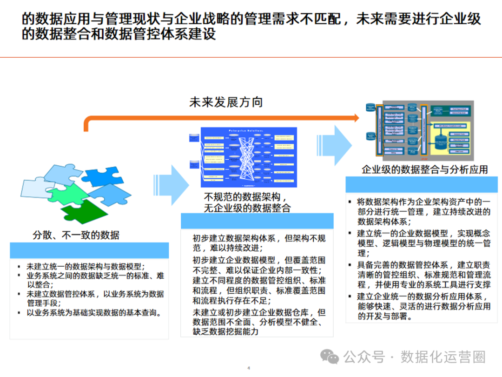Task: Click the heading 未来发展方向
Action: point(226,102)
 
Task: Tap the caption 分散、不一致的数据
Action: point(76,235)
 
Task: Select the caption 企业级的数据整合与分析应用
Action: point(425,169)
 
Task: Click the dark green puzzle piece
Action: point(81,209)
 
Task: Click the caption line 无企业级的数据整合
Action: point(247,208)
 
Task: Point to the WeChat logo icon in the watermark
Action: point(332,357)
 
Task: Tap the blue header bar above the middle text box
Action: point(257,221)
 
